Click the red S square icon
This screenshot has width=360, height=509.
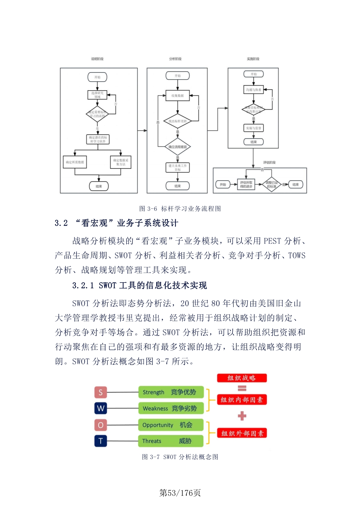[100, 392]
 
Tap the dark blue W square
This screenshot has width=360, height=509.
[100, 408]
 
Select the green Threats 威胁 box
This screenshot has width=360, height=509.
[171, 441]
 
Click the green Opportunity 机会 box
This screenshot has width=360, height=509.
[171, 425]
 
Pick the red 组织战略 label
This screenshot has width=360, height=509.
[242, 378]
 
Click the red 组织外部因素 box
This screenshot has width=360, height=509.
[242, 433]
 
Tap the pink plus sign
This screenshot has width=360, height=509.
[242, 416]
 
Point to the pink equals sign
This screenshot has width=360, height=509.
[242, 388]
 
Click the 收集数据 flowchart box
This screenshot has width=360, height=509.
[177, 96]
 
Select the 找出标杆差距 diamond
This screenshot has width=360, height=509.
[177, 121]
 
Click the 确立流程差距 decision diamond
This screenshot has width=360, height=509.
[177, 147]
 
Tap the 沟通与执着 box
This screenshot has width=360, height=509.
[253, 90]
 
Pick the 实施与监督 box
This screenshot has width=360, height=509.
[253, 128]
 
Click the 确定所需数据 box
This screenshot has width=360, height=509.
[75, 162]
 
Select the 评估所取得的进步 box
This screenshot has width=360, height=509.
[246, 184]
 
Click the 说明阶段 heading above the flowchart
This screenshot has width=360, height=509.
[97, 59]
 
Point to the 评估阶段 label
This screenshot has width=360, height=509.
[269, 163]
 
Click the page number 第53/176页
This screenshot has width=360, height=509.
[180, 493]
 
